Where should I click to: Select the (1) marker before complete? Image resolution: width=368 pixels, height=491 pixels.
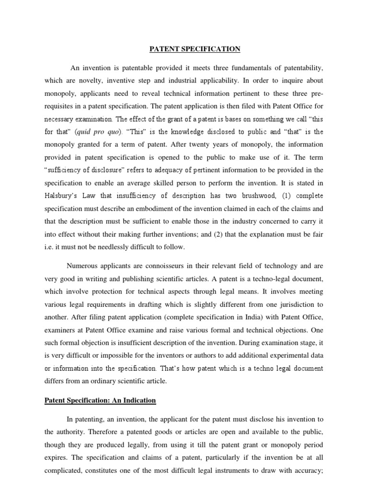coord(287,196)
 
